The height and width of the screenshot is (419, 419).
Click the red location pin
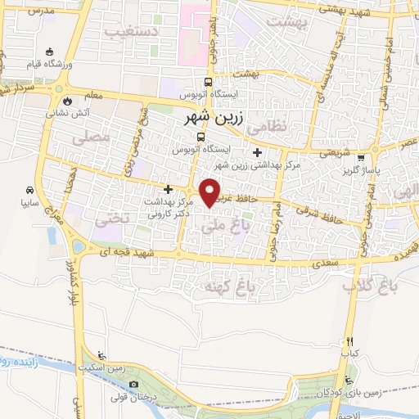click(x=211, y=191)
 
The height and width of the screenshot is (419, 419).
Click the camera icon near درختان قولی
click(x=134, y=385)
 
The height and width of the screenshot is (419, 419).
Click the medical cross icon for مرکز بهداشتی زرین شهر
click(x=258, y=152)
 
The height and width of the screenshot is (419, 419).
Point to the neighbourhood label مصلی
click(x=90, y=139)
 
